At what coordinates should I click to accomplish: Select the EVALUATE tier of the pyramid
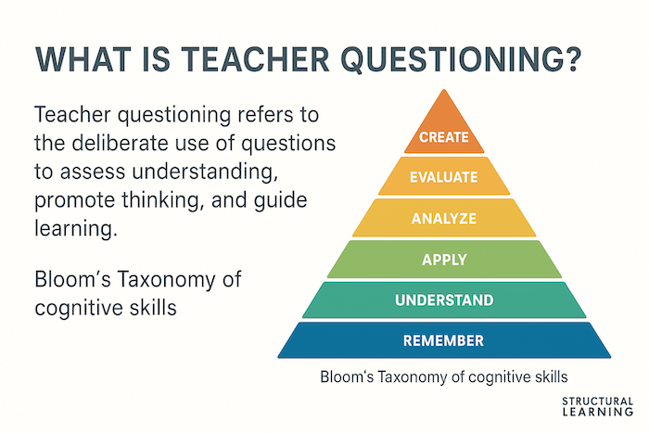(x=444, y=176)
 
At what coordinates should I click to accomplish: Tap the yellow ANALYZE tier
(x=444, y=219)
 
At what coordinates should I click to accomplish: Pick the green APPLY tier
(x=444, y=260)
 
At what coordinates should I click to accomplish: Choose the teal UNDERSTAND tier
(x=444, y=300)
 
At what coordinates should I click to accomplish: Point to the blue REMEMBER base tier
(x=444, y=340)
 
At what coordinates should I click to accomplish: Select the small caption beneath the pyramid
(x=444, y=377)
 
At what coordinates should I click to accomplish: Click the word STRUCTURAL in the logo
(x=598, y=401)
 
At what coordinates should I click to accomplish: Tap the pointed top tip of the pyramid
(x=444, y=92)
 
